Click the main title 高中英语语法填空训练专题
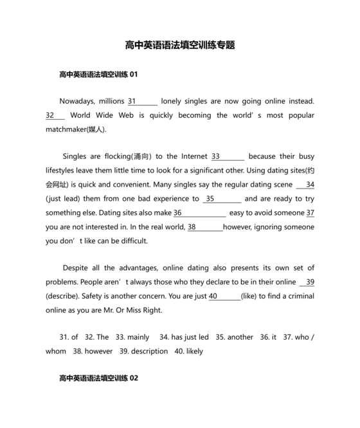(x=180, y=45)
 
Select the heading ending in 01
(x=98, y=75)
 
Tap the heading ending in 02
(x=98, y=378)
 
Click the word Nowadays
(x=76, y=101)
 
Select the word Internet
(x=194, y=156)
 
